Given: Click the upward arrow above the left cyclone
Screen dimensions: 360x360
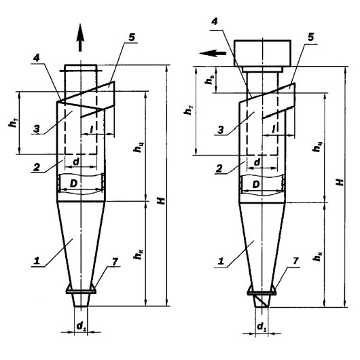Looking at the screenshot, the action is click(x=80, y=37).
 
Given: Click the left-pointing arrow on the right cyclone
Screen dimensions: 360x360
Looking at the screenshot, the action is click(x=213, y=53).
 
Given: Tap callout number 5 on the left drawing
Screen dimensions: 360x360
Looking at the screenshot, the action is click(x=132, y=37).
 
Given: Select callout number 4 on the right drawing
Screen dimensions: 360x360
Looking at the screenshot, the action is click(x=215, y=21).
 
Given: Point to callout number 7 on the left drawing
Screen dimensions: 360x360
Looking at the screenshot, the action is click(x=115, y=262).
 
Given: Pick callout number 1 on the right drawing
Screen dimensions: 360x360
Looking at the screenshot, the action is click(x=221, y=262).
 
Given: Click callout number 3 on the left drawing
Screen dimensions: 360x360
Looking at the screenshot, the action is click(x=37, y=129).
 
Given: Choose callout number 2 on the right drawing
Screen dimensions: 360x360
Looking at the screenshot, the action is click(x=219, y=169).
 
